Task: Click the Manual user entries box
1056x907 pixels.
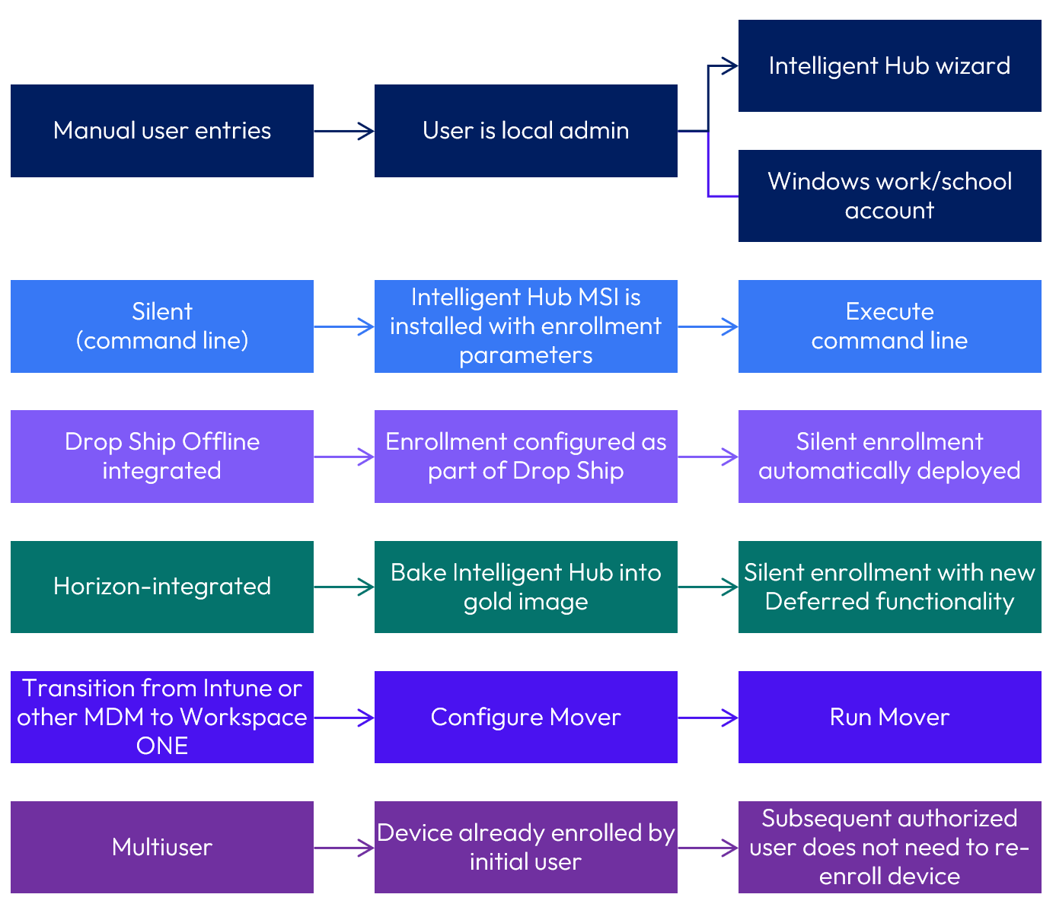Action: [161, 131]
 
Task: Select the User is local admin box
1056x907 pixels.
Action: [525, 131]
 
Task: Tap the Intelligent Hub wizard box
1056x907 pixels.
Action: [889, 66]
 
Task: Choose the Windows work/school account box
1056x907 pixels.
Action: [889, 196]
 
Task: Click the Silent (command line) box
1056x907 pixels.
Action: [161, 326]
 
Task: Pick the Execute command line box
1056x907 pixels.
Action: [889, 326]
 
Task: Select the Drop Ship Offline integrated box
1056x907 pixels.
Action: [161, 457]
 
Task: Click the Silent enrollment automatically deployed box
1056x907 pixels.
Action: [889, 457]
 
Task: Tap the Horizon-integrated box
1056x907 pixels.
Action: [161, 587]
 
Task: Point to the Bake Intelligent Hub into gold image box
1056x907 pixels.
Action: [525, 587]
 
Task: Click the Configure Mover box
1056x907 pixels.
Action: [525, 717]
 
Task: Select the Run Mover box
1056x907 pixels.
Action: [889, 717]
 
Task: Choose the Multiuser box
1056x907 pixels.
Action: [161, 847]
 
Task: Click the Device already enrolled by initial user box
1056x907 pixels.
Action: [525, 847]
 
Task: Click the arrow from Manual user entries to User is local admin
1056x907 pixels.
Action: [343, 131]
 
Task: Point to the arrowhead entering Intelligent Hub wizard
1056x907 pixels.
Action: [731, 66]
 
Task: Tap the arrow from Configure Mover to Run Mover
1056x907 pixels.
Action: [707, 717]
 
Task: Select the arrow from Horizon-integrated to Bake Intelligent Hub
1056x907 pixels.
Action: [343, 587]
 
